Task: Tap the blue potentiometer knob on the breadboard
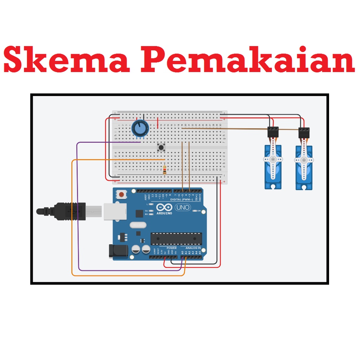(140, 129)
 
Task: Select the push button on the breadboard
(162, 147)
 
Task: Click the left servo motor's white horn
(273, 159)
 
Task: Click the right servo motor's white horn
(304, 160)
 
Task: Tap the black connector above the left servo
(273, 132)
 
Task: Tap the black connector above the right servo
(304, 133)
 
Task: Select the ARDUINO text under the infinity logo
(164, 213)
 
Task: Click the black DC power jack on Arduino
(118, 251)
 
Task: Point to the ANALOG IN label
(193, 248)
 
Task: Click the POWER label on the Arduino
(172, 248)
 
